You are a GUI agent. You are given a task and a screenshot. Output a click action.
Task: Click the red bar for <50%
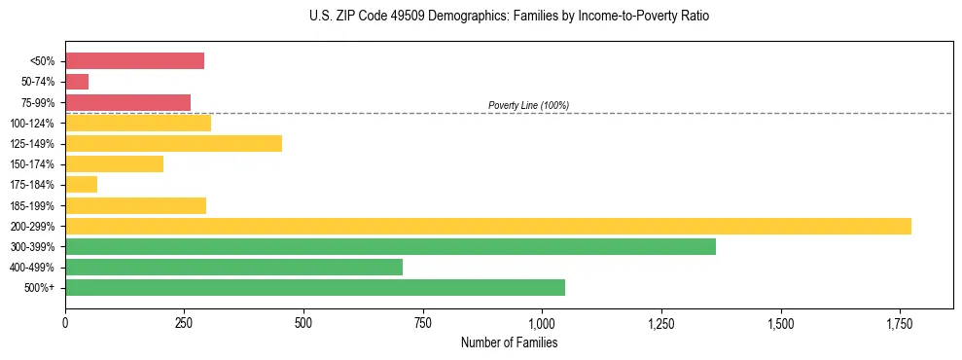pyautogui.click(x=134, y=61)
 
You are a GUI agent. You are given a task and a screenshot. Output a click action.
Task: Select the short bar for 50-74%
pyautogui.click(x=77, y=82)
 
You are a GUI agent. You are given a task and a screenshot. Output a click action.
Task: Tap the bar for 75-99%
pyautogui.click(x=127, y=102)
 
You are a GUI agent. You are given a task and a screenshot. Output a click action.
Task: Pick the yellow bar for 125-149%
pyautogui.click(x=173, y=144)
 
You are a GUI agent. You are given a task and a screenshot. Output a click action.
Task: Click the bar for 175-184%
pyautogui.click(x=81, y=185)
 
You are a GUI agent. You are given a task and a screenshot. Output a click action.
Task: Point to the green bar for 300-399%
pyautogui.click(x=390, y=246)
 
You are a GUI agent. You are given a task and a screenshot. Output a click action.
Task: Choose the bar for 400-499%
pyautogui.click(x=233, y=267)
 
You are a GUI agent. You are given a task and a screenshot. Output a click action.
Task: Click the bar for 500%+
pyautogui.click(x=315, y=288)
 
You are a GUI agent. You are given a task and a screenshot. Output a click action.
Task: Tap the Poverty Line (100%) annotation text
pyautogui.click(x=528, y=105)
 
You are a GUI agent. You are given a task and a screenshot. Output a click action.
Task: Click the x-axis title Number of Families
pyautogui.click(x=509, y=342)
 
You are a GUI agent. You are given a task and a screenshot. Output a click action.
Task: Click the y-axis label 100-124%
pyautogui.click(x=33, y=124)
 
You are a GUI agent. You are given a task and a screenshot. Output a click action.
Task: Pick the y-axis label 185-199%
pyautogui.click(x=33, y=205)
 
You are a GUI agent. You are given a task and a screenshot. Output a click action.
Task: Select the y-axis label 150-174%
pyautogui.click(x=33, y=164)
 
